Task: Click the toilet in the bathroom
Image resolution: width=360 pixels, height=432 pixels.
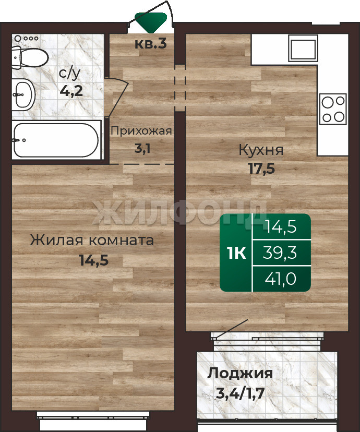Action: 30,58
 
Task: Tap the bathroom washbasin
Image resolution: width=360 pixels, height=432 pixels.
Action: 23,94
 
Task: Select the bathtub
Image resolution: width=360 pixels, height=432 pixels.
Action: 56,140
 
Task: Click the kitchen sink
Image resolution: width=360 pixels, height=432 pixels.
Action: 303,48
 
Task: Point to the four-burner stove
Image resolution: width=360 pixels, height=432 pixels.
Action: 333,109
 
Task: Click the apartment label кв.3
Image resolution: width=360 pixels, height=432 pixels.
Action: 151,43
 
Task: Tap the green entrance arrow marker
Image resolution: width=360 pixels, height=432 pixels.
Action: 151,22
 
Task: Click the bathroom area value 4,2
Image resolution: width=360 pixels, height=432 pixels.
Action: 71,91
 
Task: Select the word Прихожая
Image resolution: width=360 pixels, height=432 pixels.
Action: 141,131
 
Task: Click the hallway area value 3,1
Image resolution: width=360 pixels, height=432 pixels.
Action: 142,149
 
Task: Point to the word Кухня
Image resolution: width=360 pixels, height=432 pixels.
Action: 261,150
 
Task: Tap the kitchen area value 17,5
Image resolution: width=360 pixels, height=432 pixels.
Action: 262,168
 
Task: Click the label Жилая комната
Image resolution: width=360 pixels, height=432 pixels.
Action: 92,240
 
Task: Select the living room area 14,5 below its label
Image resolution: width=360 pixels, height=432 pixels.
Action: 93,260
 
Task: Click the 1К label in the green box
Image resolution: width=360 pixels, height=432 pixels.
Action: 236,253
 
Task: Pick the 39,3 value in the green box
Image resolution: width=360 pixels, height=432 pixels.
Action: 280,253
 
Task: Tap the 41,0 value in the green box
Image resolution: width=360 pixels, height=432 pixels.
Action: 280,279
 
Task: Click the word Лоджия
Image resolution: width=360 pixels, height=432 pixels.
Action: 240,374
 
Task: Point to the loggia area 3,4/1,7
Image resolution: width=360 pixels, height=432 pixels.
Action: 240,393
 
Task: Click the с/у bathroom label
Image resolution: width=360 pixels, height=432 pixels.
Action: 70,73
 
